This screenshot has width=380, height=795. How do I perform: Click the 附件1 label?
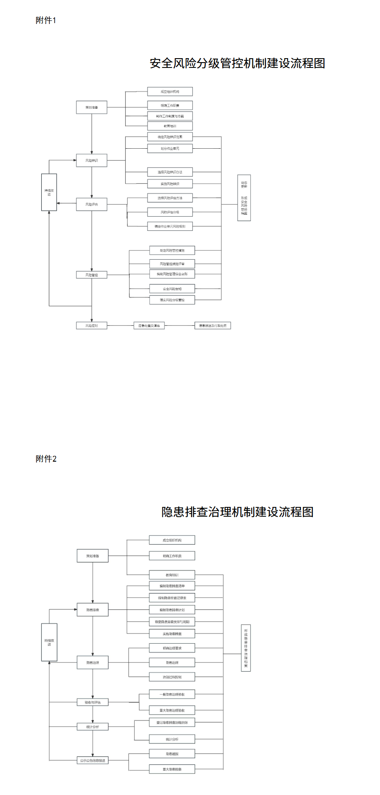[46, 20]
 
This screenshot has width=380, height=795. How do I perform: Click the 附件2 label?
[46, 459]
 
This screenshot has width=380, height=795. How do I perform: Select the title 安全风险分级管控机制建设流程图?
[237, 63]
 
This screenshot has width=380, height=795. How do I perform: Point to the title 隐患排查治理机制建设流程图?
[237, 512]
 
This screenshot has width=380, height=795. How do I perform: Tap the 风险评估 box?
[92, 205]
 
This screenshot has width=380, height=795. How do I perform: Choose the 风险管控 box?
[92, 275]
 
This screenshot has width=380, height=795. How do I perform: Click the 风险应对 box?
[92, 326]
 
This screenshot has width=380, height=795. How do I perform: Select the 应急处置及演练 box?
[149, 326]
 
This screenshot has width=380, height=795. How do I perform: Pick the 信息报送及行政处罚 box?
[213, 326]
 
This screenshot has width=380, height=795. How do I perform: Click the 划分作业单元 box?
[170, 148]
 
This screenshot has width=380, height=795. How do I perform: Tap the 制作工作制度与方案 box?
[170, 116]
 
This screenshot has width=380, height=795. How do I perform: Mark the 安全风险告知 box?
[172, 289]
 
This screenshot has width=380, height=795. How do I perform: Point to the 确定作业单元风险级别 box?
[170, 226]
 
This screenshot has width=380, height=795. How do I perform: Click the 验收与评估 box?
[92, 702]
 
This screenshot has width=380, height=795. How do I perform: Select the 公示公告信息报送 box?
[92, 760]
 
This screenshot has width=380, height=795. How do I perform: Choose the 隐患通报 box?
[172, 754]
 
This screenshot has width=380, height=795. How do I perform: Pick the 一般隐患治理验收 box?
[172, 694]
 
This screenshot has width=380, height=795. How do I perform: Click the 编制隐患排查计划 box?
[172, 610]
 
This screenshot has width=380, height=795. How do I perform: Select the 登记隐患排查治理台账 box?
[172, 723]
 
